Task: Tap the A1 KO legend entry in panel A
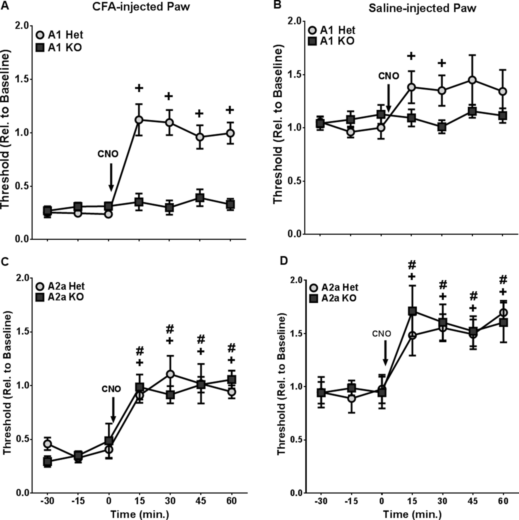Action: (59, 47)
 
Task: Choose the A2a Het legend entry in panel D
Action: (334, 287)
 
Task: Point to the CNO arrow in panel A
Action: (111, 177)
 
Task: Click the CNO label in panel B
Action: (389, 76)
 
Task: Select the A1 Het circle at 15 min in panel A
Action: (139, 120)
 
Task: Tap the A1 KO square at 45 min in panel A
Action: (200, 198)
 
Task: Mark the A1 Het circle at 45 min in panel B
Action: (472, 80)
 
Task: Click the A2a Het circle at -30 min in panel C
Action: (48, 444)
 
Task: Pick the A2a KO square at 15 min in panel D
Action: (413, 311)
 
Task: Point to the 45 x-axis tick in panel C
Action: (200, 501)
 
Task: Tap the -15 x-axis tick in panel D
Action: (351, 501)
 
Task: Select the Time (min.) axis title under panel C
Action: (140, 514)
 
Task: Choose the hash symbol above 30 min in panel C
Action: (169, 329)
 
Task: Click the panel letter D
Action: (284, 261)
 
